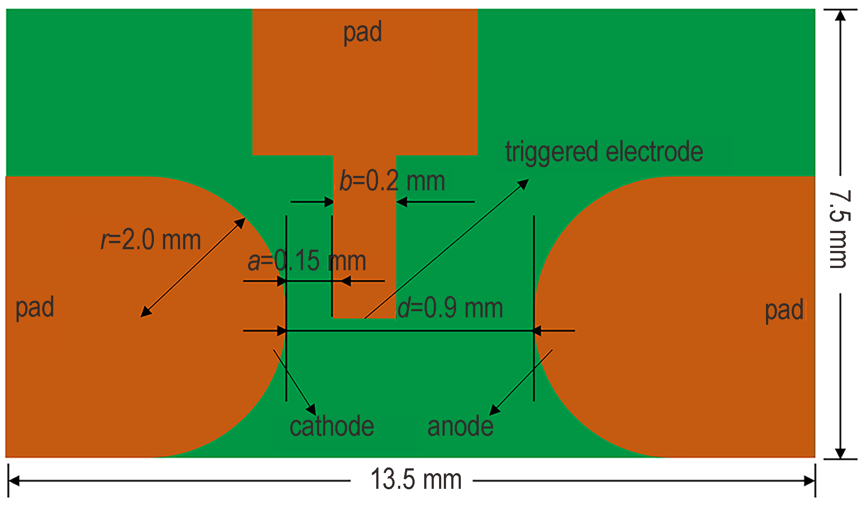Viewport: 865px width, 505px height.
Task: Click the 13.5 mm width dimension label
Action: pyautogui.click(x=416, y=479)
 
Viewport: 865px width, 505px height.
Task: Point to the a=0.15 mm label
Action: pyautogui.click(x=307, y=261)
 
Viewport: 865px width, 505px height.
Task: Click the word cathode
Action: pyautogui.click(x=332, y=426)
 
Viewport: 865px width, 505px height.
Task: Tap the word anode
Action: pyautogui.click(x=460, y=426)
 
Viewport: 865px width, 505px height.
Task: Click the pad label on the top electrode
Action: pyautogui.click(x=362, y=32)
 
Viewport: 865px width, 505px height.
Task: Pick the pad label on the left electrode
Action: pyautogui.click(x=35, y=307)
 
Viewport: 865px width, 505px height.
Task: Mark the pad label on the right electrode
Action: pyautogui.click(x=784, y=311)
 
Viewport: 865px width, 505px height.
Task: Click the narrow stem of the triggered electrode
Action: pyautogui.click(x=364, y=236)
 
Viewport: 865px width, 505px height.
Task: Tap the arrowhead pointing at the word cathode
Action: pyautogui.click(x=311, y=409)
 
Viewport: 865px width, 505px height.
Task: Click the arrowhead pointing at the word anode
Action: pyautogui.click(x=494, y=409)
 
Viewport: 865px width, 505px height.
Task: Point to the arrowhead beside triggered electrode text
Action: pyautogui.click(x=523, y=184)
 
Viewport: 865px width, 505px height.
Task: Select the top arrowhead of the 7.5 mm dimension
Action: pyautogui.click(x=840, y=15)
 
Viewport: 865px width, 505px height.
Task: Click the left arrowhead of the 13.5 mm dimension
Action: pyautogui.click(x=14, y=481)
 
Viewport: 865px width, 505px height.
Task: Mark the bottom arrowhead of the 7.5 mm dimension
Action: pyautogui.click(x=840, y=453)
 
